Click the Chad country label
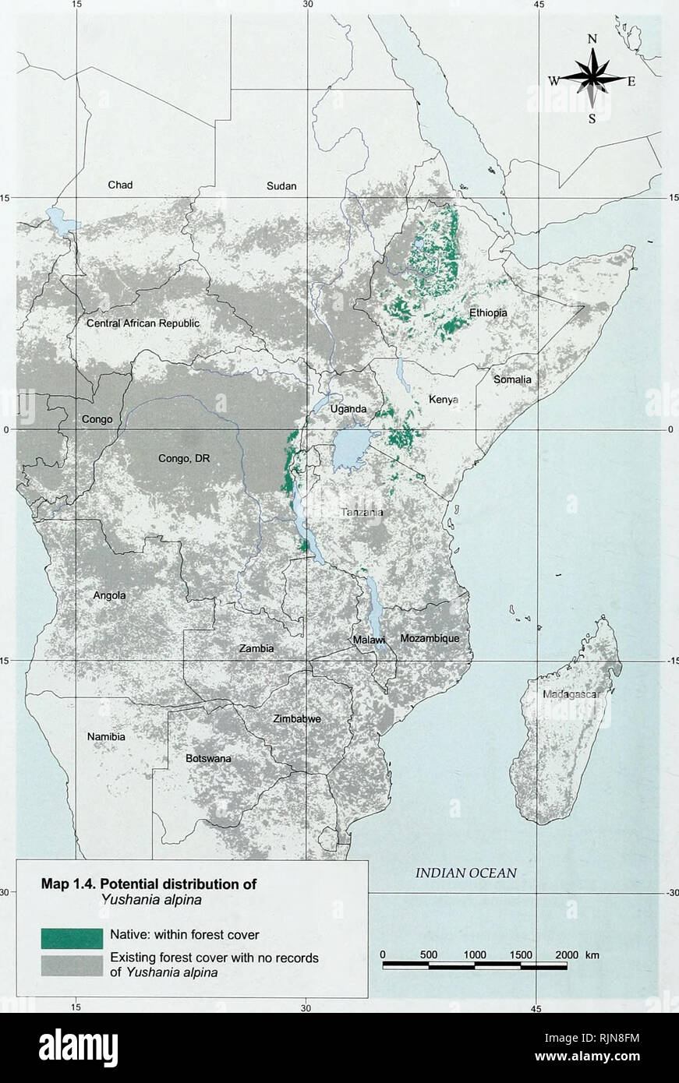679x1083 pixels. pyautogui.click(x=120, y=185)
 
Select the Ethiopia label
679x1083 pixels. pyautogui.click(x=488, y=312)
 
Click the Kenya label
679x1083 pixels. pyautogui.click(x=444, y=400)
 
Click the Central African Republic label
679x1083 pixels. pyautogui.click(x=143, y=323)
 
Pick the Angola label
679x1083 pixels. pyautogui.click(x=110, y=595)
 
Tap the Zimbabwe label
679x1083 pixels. pyautogui.click(x=296, y=719)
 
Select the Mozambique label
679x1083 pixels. pyautogui.click(x=430, y=638)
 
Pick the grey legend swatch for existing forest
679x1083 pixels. pyautogui.click(x=71, y=965)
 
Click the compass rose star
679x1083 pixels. pyautogui.click(x=593, y=79)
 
